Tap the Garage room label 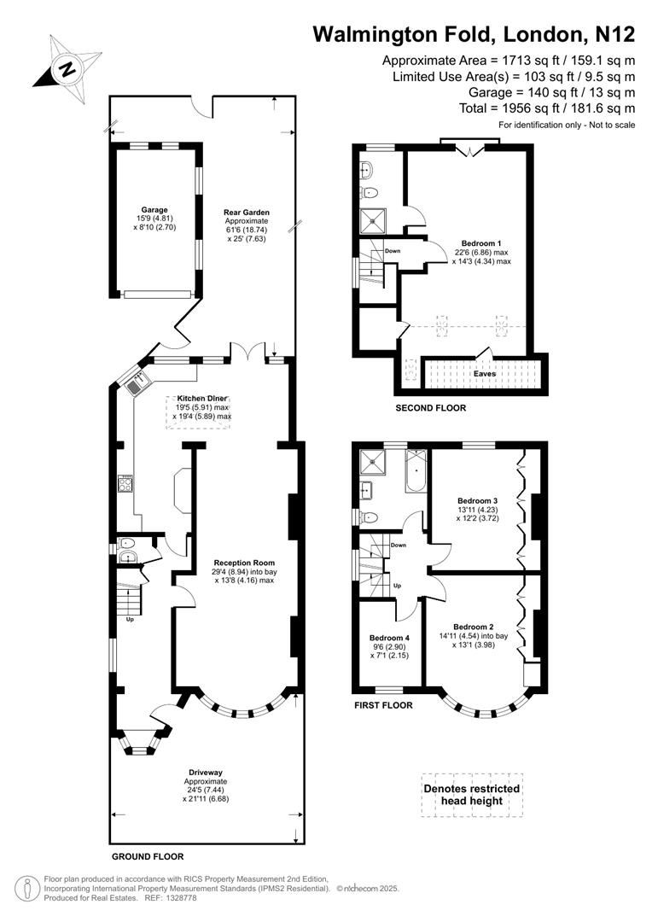154,209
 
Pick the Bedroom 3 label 478,500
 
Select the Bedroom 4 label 390,637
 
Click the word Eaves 485,374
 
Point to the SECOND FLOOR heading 431,408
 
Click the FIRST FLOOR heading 383,705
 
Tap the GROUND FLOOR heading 148,855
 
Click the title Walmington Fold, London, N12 474,34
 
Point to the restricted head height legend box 472,795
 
